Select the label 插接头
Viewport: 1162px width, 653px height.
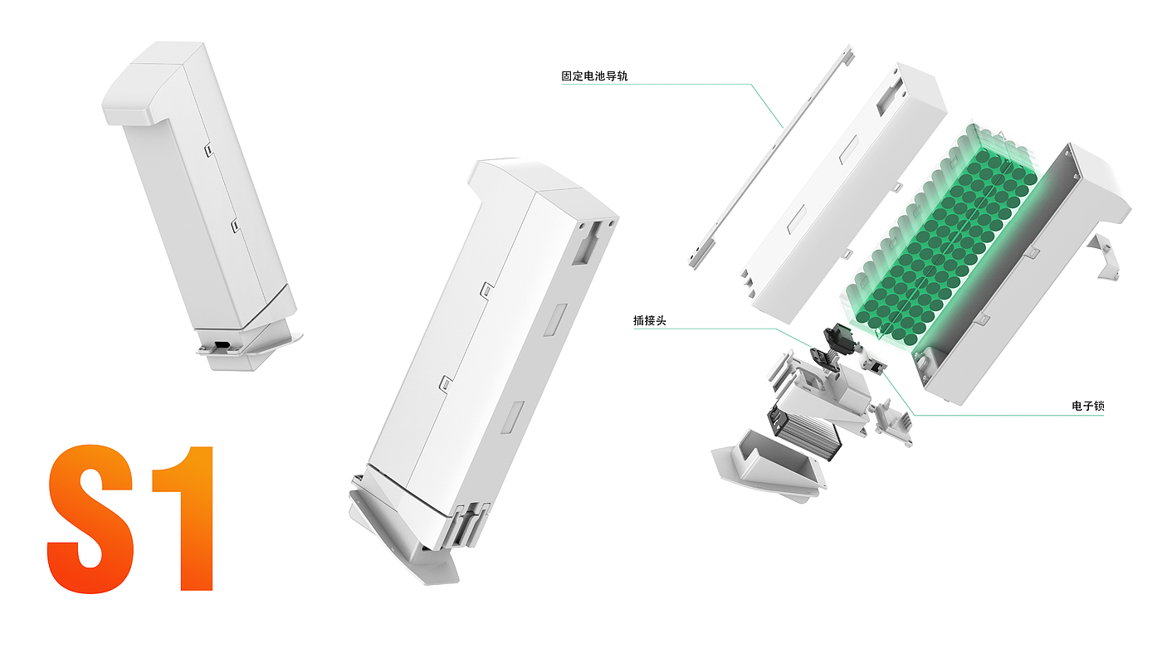pos(649,320)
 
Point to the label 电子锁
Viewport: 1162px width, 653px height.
pos(1087,407)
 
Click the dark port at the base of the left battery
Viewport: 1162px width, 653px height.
pos(222,345)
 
